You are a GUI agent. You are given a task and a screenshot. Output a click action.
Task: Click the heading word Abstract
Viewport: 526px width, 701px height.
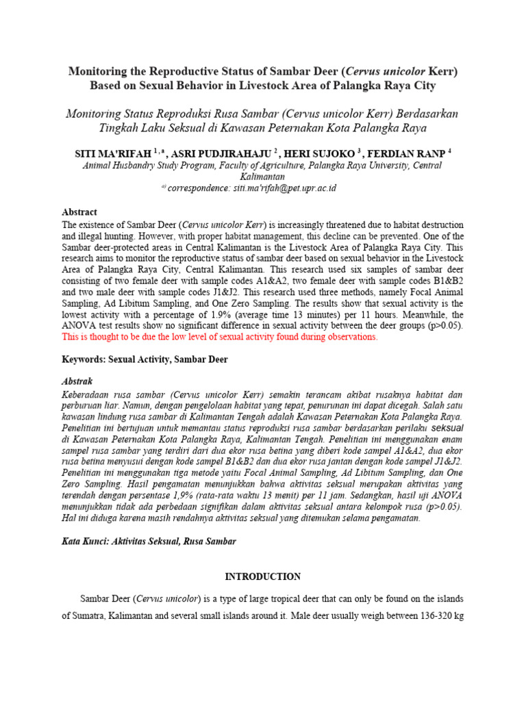click(79, 212)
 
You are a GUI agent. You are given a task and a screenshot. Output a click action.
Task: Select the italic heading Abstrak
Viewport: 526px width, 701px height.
click(77, 381)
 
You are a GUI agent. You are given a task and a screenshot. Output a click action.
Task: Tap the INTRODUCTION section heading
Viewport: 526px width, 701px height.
click(262, 576)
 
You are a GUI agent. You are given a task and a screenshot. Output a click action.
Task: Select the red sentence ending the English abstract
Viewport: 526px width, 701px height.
click(219, 337)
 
